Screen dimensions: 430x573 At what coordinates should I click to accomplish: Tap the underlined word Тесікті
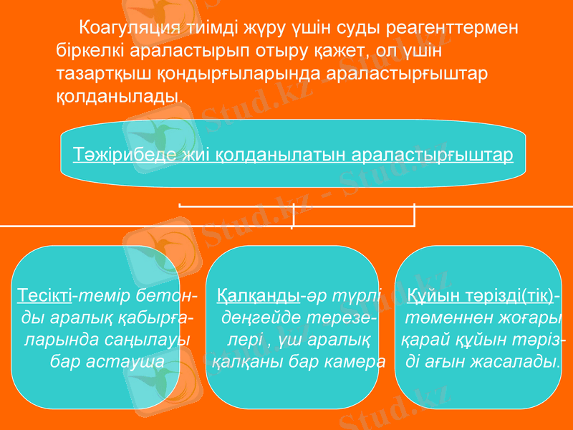pyautogui.click(x=44, y=295)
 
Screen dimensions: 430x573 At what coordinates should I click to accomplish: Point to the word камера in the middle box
pyautogui.click(x=353, y=360)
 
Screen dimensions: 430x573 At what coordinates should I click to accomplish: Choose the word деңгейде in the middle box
pyautogui.click(x=261, y=317)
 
